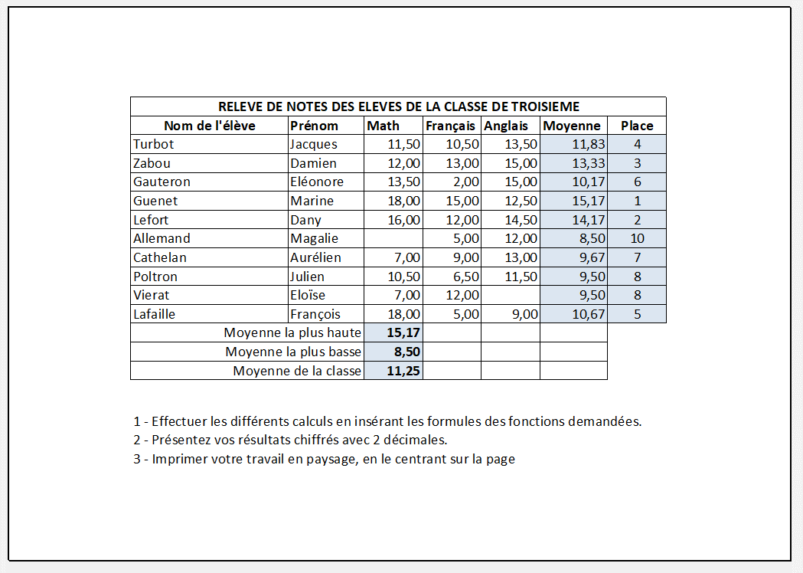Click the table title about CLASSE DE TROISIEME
click(x=398, y=106)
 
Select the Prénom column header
click(x=314, y=126)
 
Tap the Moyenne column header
click(x=571, y=126)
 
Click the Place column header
click(x=637, y=126)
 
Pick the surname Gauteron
click(x=162, y=182)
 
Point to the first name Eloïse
click(x=308, y=295)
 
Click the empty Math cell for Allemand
click(x=393, y=238)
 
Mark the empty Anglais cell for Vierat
click(x=511, y=295)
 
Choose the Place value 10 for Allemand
click(x=637, y=238)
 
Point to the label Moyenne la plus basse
click(x=293, y=352)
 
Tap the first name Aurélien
click(x=315, y=257)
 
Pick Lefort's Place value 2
click(x=637, y=220)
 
